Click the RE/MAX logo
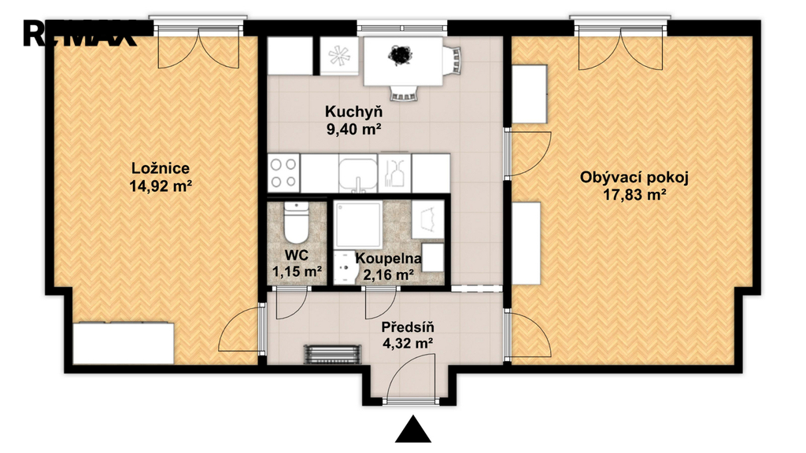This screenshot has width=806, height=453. tap(79, 34)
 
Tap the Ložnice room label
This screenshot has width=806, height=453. tap(161, 168)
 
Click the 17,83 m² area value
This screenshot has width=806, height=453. tap(635, 195)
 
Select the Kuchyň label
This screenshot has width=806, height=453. tap(353, 111)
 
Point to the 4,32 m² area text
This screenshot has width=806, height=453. tap(407, 343)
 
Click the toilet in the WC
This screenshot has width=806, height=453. tap(296, 223)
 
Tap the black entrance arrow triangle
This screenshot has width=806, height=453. tap(412, 429)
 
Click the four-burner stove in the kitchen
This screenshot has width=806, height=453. tap(283, 173)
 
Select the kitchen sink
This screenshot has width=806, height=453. tap(358, 174)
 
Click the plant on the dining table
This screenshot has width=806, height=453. tap(400, 54)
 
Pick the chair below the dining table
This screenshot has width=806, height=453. tap(404, 93)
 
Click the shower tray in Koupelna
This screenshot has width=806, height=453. tap(358, 224)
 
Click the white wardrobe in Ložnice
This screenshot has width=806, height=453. tap(124, 343)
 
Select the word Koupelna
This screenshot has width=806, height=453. tap(389, 259)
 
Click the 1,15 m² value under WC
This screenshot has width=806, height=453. tap(297, 271)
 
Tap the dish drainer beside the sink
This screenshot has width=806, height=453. tap(395, 173)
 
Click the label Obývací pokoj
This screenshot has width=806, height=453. tap(634, 179)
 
